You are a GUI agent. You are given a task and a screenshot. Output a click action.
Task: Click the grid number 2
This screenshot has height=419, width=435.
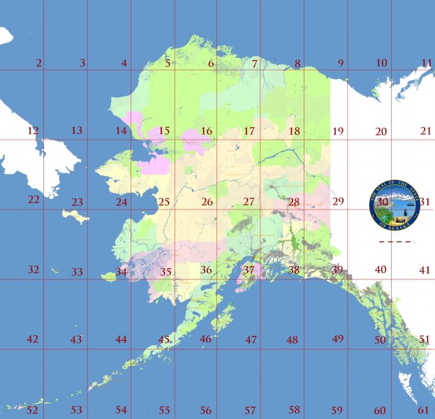pyautogui.click(x=38, y=64)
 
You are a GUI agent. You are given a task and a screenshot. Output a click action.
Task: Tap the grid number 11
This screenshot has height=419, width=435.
pyautogui.click(x=426, y=64)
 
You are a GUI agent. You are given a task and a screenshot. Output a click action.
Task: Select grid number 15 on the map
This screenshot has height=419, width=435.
pyautogui.click(x=164, y=131)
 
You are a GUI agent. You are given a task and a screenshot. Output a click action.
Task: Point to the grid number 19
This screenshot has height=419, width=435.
pyautogui.click(x=338, y=131)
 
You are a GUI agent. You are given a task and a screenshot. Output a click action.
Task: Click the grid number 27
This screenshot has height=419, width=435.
pyautogui.click(x=249, y=202)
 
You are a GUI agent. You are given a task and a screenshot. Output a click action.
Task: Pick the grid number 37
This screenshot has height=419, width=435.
pyautogui.click(x=249, y=270)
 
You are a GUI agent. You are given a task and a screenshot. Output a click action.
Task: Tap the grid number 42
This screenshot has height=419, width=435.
pyautogui.click(x=32, y=339)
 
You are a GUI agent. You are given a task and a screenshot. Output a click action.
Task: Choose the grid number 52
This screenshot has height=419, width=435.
pyautogui.click(x=32, y=410)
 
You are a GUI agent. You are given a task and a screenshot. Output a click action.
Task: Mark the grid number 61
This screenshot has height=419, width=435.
pyautogui.click(x=424, y=410)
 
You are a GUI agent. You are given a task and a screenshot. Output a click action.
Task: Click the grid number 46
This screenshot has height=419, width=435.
pyautogui.click(x=205, y=339)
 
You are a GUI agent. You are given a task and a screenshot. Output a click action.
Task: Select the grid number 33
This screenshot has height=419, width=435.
pyautogui.click(x=76, y=272)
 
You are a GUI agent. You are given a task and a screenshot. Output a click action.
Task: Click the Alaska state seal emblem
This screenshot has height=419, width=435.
pyautogui.click(x=395, y=203)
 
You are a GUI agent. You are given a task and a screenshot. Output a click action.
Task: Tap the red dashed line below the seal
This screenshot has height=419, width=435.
pyautogui.click(x=395, y=242)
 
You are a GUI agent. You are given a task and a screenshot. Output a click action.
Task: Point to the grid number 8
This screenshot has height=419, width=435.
pyautogui.click(x=297, y=64)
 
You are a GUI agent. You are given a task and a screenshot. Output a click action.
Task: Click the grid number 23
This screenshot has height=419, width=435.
pyautogui.click(x=77, y=203)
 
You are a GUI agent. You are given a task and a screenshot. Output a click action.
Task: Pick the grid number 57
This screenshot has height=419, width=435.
pyautogui.click(x=249, y=410)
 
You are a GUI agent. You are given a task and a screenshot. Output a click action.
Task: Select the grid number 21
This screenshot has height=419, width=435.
pyautogui.click(x=426, y=131)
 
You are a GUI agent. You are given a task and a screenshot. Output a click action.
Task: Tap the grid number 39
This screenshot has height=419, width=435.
pyautogui.click(x=337, y=270)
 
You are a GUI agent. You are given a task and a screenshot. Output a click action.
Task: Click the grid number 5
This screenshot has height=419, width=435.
pyautogui.click(x=168, y=64)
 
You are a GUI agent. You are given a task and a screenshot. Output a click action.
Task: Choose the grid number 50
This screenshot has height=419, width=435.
pyautogui.click(x=379, y=340)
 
